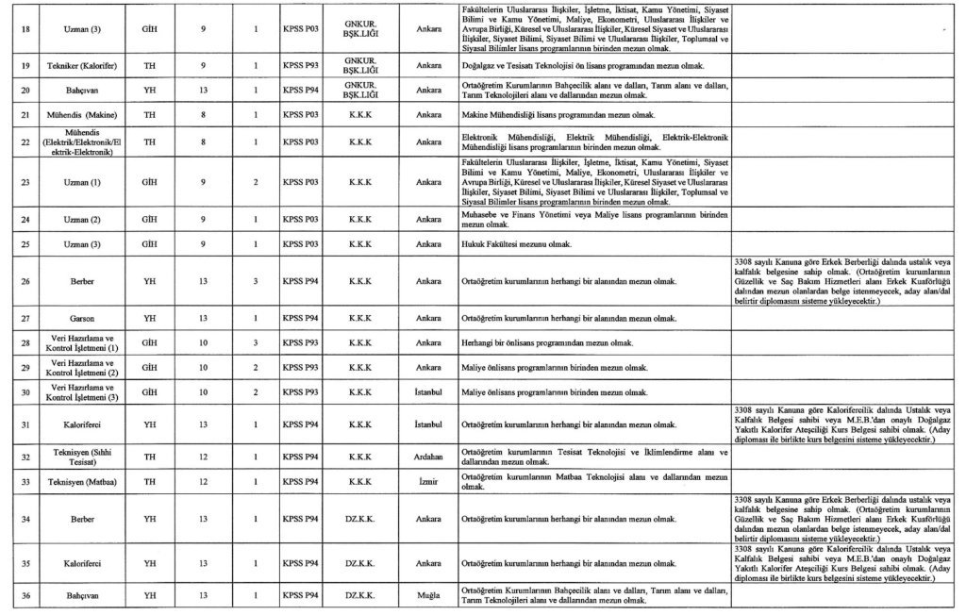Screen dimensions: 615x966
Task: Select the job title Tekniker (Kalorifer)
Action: coord(83,67)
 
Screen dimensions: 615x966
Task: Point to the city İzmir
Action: coord(428,482)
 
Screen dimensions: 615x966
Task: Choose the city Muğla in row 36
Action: coord(428,595)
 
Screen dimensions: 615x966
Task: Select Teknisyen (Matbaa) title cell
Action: coord(83,482)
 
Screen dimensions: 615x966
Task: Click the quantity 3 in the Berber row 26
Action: coord(257,280)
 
